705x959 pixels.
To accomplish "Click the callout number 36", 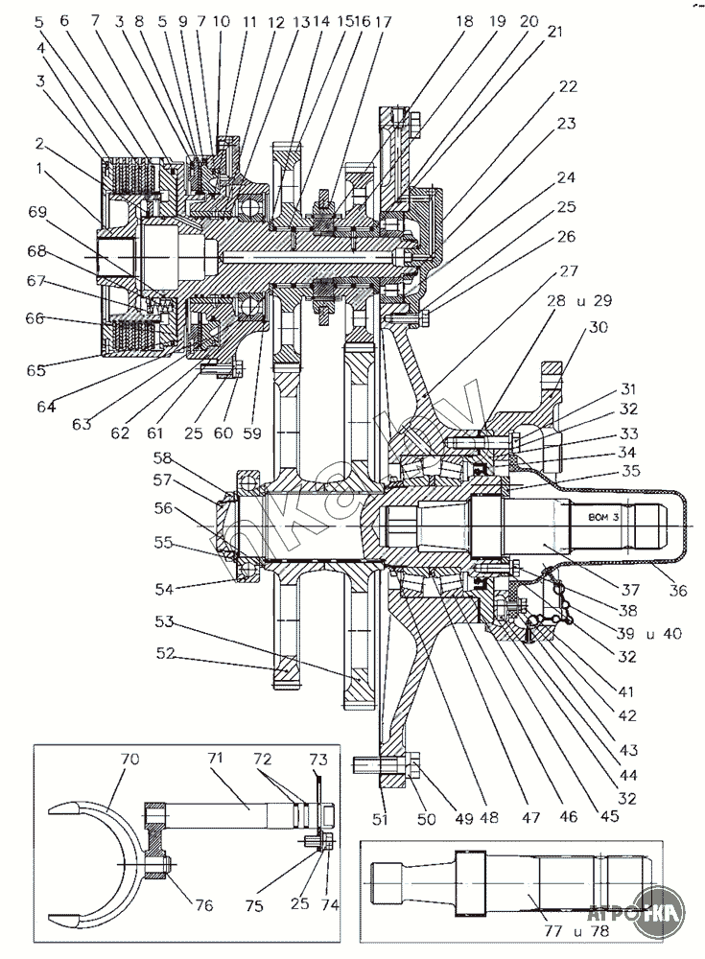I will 678,591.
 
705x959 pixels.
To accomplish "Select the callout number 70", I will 129,759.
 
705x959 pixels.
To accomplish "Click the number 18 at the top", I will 466,21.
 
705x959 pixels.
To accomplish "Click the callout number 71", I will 215,759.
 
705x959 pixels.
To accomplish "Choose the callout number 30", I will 599,327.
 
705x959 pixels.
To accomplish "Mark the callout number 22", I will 569,86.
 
